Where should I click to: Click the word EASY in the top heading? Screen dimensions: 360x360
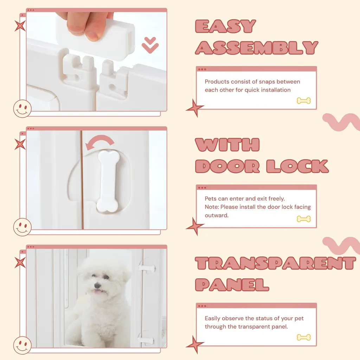pyautogui.click(x=225, y=26)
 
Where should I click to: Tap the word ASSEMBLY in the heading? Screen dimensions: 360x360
pyautogui.click(x=257, y=48)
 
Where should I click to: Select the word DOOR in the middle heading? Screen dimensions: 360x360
pyautogui.click(x=227, y=166)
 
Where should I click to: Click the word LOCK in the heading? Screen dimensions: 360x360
pyautogui.click(x=297, y=166)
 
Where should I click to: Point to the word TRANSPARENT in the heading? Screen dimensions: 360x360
pyautogui.click(x=276, y=263)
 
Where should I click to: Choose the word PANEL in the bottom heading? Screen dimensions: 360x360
pyautogui.click(x=232, y=284)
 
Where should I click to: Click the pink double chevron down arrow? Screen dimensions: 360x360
pyautogui.click(x=150, y=45)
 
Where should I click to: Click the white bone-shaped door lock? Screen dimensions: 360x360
pyautogui.click(x=108, y=181)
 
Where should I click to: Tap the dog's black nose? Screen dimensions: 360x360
pyautogui.click(x=98, y=285)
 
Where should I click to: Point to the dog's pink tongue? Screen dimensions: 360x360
pyautogui.click(x=98, y=291)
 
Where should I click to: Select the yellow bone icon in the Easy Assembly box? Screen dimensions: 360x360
pyautogui.click(x=303, y=101)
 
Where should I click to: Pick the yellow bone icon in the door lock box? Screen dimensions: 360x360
pyautogui.click(x=303, y=219)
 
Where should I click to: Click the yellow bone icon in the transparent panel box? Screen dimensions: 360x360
pyautogui.click(x=303, y=337)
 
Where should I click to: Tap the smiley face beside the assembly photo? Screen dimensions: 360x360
pyautogui.click(x=22, y=109)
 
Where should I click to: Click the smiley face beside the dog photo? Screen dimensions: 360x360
pyautogui.click(x=22, y=345)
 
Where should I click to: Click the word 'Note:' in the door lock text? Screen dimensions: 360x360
pyautogui.click(x=212, y=207)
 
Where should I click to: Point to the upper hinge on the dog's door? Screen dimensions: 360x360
pyautogui.click(x=147, y=268)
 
